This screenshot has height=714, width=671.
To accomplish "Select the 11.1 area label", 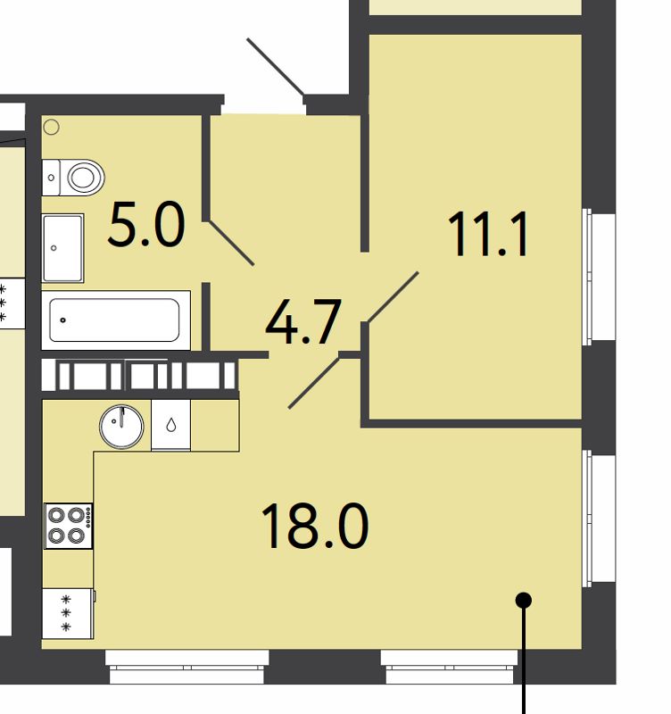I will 488,234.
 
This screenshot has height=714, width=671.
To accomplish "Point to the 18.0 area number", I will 314,527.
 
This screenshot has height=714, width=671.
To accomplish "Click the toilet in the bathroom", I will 77,177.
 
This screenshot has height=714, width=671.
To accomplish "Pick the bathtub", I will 115,320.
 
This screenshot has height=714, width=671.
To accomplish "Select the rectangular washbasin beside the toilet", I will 63,246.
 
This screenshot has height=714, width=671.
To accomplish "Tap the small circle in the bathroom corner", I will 52,127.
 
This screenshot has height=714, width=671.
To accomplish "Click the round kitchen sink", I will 121,426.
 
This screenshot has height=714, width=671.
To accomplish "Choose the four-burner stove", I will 68,525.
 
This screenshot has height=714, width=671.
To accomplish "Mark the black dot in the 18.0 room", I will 525,601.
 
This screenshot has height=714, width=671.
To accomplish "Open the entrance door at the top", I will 277,66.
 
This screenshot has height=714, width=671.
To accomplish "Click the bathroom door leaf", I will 231,243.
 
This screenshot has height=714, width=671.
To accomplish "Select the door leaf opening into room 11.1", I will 393,296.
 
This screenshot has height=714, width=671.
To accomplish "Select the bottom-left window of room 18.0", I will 187,665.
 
